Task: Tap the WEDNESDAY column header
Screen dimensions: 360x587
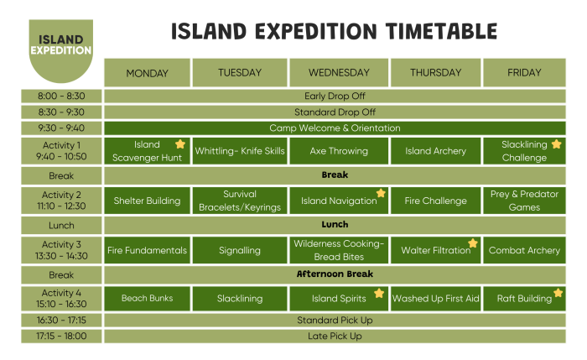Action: click(338, 72)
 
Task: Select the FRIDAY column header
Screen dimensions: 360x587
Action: click(524, 72)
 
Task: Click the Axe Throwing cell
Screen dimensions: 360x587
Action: click(338, 151)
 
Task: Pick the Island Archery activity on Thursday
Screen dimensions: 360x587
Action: click(435, 151)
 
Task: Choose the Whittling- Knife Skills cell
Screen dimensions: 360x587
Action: click(240, 151)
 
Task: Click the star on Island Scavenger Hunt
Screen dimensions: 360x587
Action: click(179, 144)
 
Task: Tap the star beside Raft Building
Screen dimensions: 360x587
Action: click(558, 294)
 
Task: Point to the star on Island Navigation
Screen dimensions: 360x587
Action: click(381, 193)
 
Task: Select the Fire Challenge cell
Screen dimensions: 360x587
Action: click(435, 201)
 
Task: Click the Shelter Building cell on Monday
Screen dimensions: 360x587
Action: click(147, 201)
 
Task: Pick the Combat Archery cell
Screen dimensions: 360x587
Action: click(524, 250)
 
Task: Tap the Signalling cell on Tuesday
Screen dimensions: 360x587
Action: click(240, 250)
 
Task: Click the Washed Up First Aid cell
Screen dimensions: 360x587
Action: click(435, 298)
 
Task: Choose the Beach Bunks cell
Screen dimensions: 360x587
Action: click(147, 298)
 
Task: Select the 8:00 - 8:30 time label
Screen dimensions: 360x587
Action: click(61, 96)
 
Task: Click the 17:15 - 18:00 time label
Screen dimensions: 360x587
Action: click(61, 336)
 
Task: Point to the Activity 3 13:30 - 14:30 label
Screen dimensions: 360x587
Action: click(61, 250)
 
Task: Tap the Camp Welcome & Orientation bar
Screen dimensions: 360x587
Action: click(335, 128)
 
